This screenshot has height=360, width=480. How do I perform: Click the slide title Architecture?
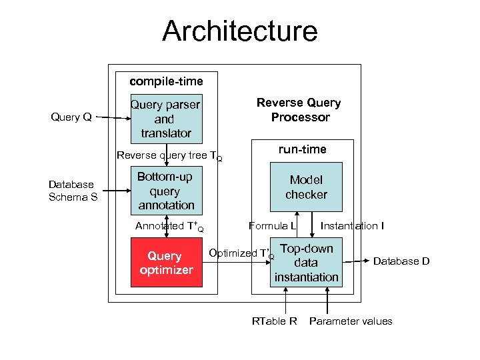(239, 31)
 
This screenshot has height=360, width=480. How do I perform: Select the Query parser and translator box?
(166, 119)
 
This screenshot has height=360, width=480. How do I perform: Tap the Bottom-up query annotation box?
(166, 191)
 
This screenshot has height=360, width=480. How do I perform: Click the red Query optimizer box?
(166, 263)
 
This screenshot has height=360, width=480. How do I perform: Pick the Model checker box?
(306, 187)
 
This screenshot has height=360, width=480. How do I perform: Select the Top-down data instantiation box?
(306, 263)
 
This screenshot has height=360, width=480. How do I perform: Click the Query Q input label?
(71, 117)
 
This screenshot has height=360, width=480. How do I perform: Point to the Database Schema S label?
(73, 191)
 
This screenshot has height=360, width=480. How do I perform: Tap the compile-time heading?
(166, 81)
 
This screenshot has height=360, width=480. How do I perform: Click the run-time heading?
(303, 149)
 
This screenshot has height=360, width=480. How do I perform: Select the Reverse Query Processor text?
(299, 110)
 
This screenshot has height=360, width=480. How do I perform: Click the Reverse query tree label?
(169, 156)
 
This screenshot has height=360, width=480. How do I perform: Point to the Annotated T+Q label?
(169, 227)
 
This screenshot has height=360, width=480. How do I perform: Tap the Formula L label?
(272, 226)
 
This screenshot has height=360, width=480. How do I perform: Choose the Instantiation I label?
(351, 226)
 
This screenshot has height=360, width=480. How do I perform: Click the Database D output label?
(401, 261)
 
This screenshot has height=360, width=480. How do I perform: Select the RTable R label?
(274, 321)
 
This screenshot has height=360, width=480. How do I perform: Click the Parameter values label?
(351, 321)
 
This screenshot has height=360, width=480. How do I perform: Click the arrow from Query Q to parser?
(112, 119)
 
